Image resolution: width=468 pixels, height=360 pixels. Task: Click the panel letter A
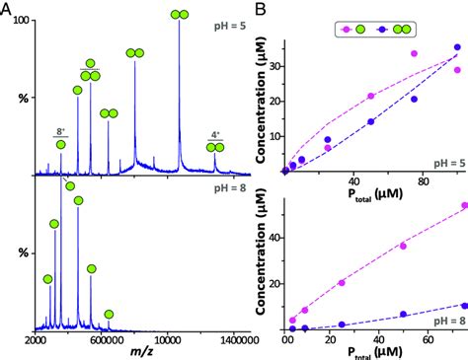8,9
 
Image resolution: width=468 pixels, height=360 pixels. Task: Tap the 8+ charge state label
61,130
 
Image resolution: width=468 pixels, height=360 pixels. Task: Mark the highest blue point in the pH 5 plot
456,47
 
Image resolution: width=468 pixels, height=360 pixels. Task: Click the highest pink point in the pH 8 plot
464,206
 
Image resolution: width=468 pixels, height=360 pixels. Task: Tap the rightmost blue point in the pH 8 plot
464,306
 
